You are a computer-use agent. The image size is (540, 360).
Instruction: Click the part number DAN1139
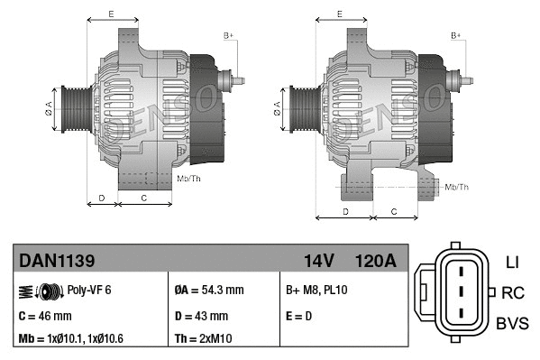click(x=58, y=262)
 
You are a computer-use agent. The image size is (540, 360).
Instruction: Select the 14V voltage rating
click(x=318, y=262)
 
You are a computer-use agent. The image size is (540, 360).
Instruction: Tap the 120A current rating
click(x=376, y=262)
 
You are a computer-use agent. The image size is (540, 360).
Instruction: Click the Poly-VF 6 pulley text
click(x=89, y=291)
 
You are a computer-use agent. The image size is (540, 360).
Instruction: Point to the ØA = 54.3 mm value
click(x=208, y=291)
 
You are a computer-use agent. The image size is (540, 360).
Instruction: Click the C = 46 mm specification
click(x=45, y=316)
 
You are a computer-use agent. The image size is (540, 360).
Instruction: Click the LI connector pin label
click(x=512, y=263)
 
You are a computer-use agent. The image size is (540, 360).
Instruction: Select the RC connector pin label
click(x=513, y=292)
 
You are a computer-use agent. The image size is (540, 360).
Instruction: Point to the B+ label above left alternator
click(x=228, y=34)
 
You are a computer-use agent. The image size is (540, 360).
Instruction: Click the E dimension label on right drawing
click(x=339, y=14)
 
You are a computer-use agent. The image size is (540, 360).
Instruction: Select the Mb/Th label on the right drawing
click(x=456, y=187)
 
